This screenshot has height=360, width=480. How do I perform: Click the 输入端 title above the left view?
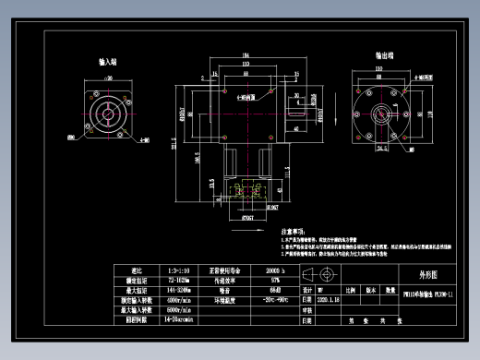click(x=108, y=63)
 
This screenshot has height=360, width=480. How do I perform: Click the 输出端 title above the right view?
click(x=385, y=55)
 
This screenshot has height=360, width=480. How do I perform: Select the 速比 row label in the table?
click(x=126, y=270)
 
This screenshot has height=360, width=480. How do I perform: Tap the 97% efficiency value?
click(x=271, y=279)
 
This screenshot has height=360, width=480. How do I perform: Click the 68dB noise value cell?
click(x=271, y=289)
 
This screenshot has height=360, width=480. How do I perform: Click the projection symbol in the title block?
click(x=328, y=274)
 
